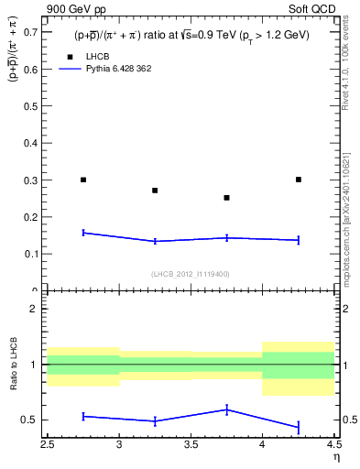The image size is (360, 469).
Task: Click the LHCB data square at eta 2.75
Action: [83, 180]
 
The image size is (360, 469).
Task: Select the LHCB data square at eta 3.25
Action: [155, 191]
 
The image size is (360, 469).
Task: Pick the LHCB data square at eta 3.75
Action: [226, 198]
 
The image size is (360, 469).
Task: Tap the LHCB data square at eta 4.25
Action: [299, 180]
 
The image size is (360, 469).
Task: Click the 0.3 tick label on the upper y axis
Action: [33, 180]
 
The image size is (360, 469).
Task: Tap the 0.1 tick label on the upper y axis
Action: [33, 254]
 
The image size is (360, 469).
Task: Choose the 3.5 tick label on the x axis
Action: [191, 445]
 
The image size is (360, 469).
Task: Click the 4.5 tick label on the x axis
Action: [333, 445]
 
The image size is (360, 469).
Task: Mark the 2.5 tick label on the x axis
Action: [48, 445]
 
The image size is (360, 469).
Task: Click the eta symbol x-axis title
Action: [336, 457]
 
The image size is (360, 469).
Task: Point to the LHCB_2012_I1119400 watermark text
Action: [191, 274]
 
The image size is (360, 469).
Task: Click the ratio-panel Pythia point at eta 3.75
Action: [226, 409]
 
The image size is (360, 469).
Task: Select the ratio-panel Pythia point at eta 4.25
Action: [299, 427]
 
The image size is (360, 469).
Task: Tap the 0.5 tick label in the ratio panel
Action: [33, 420]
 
